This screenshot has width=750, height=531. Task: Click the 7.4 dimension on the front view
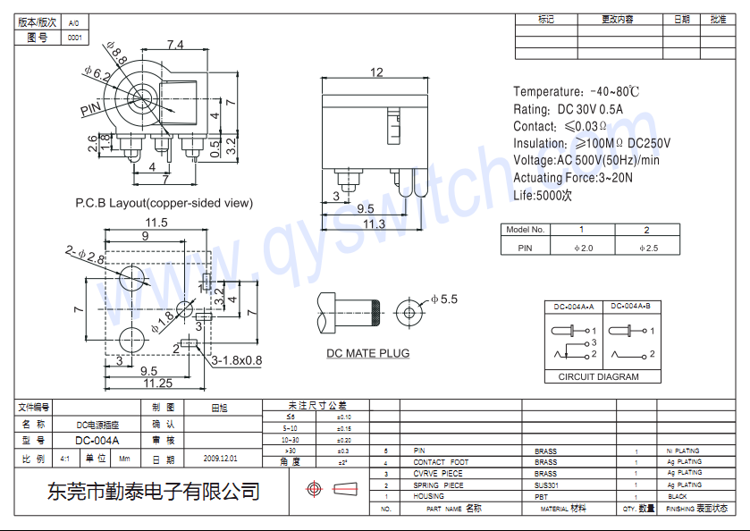[x=175, y=46]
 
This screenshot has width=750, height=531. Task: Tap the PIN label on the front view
[x=90, y=110]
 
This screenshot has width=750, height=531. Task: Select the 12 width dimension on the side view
[x=376, y=72]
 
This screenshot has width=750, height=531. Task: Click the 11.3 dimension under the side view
[x=373, y=223]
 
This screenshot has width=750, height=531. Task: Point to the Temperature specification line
[x=576, y=92]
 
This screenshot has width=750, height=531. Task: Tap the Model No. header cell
[x=525, y=230]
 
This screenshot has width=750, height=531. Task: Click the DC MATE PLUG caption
[x=367, y=353]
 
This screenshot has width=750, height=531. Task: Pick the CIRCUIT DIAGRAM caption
[x=598, y=376]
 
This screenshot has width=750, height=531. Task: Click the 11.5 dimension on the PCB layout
[x=157, y=223]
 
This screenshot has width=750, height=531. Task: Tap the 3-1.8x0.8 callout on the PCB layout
[x=237, y=361]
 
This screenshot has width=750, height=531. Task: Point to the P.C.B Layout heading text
[x=163, y=203]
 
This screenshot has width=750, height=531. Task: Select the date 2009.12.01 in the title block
[x=221, y=458]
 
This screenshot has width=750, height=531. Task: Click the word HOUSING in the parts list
[x=428, y=496]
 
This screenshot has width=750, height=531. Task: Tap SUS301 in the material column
[x=546, y=485]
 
